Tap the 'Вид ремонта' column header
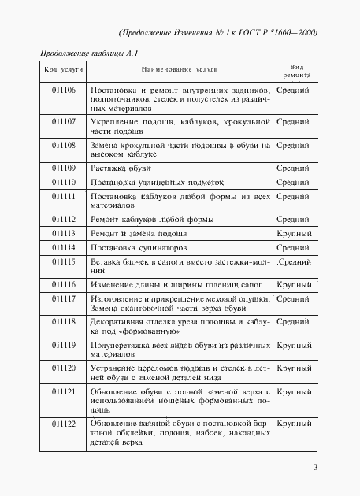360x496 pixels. pos(297,71)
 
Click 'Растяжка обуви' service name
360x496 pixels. pos(121,168)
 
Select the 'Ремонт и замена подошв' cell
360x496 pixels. pos(139,233)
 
